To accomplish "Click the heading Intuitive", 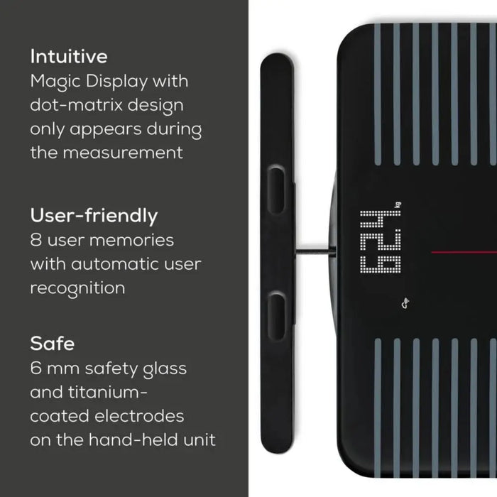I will coord(69,56).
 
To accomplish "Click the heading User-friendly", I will coord(94,215).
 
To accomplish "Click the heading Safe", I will coord(52,344).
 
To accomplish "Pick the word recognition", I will coord(77,288).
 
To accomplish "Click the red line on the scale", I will coord(461,252).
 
